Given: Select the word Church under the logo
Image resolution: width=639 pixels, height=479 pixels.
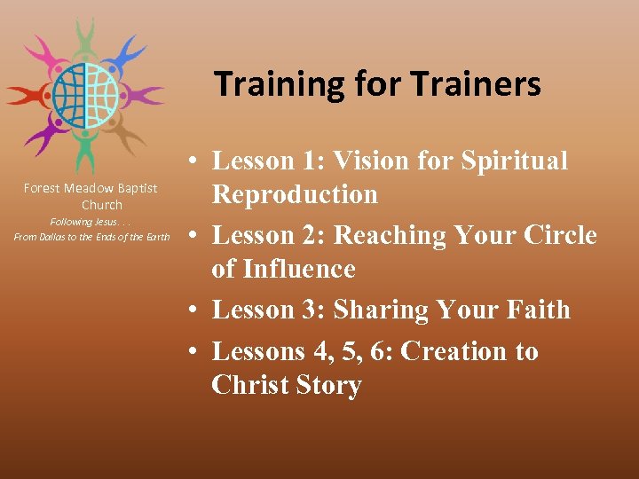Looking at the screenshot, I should tap(102, 205).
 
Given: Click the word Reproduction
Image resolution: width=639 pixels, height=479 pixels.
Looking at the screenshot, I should tap(295, 194).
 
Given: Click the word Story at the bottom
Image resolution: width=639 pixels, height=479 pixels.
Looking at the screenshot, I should tap(323, 385).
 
